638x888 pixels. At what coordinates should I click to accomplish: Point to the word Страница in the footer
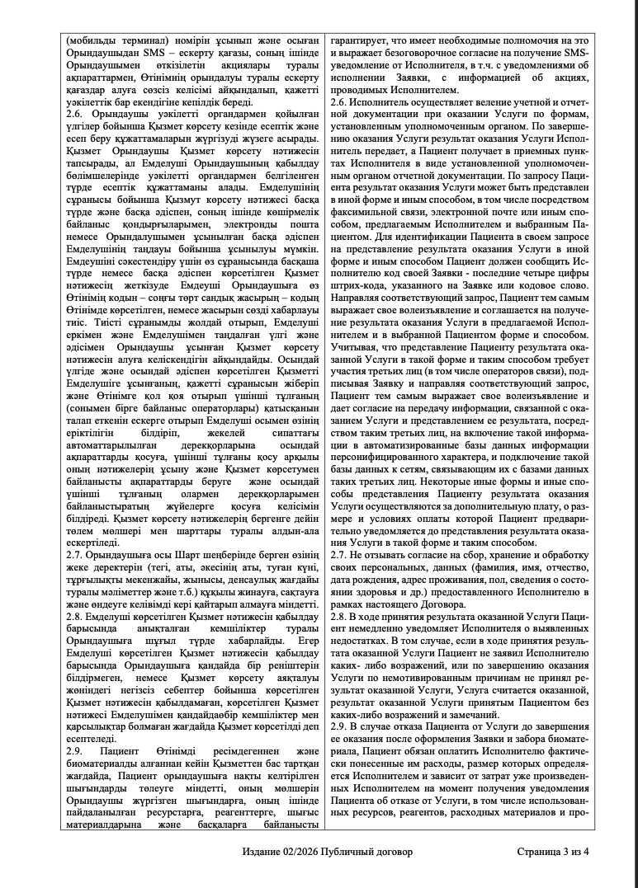point(540,851)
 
